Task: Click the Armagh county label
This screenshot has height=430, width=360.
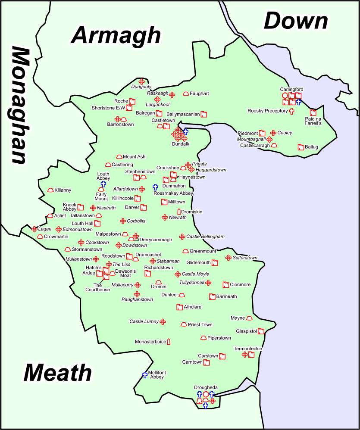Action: (116, 35)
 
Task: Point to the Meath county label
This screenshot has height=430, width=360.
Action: (57, 372)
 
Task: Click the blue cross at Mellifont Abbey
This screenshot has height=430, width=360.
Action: (145, 375)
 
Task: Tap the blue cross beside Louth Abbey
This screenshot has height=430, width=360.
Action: (103, 184)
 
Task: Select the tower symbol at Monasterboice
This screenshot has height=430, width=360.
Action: (169, 341)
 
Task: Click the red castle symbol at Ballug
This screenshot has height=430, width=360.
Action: (301, 147)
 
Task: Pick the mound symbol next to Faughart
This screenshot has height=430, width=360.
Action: (186, 93)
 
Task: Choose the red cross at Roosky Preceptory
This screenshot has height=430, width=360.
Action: (291, 111)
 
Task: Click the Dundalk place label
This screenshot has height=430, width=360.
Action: (180, 144)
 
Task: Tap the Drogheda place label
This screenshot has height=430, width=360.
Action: (206, 388)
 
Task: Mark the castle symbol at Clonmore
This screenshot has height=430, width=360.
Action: (225, 285)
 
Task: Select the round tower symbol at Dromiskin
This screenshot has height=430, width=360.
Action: (178, 212)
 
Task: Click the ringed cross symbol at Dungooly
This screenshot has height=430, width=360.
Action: (141, 81)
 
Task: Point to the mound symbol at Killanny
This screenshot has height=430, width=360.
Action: (50, 190)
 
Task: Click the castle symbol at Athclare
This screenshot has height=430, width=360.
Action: (179, 307)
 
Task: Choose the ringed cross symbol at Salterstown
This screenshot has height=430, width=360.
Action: (228, 258)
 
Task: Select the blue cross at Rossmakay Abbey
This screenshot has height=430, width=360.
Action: (155, 187)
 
